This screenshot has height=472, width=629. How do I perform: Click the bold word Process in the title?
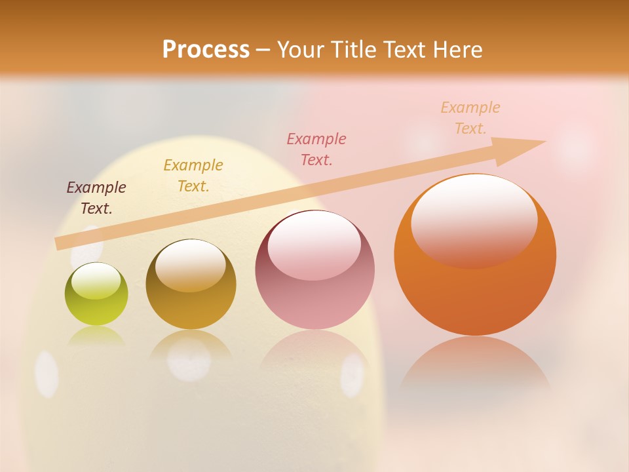point(206,50)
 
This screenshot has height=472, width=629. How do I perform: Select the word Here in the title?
point(458,50)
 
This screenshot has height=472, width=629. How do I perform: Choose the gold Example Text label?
point(193,176)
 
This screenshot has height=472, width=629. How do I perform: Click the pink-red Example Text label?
point(316,149)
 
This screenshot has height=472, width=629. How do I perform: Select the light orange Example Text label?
point(470,117)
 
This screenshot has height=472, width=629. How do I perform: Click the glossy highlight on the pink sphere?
point(314,243)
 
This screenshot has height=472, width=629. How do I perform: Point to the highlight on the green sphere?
point(96,280)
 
